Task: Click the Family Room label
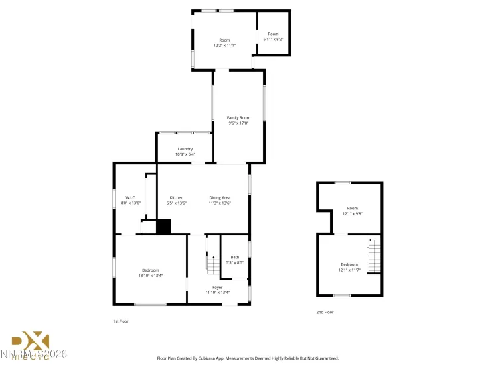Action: pyautogui.click(x=238, y=117)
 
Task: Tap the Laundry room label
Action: pyautogui.click(x=185, y=149)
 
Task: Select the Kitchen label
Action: pyautogui.click(x=176, y=197)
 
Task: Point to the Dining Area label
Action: pyautogui.click(x=220, y=197)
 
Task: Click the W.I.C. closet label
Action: pyautogui.click(x=131, y=197)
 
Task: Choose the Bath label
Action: pyautogui.click(x=234, y=257)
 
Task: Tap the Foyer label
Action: pyautogui.click(x=217, y=287)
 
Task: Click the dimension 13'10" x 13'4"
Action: pyautogui.click(x=150, y=276)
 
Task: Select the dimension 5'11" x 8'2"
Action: pyautogui.click(x=273, y=40)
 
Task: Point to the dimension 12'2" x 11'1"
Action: pyautogui.click(x=224, y=46)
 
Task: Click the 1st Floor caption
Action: pyautogui.click(x=120, y=321)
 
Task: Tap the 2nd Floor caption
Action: pyautogui.click(x=325, y=311)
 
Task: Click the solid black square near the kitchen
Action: pyautogui.click(x=163, y=227)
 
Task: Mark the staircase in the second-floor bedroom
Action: pyautogui.click(x=374, y=255)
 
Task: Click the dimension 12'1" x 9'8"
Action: pyautogui.click(x=352, y=213)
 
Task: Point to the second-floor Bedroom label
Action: pyautogui.click(x=349, y=264)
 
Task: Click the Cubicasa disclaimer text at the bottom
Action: pyautogui.click(x=248, y=358)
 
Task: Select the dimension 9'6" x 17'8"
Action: pyautogui.click(x=238, y=123)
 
